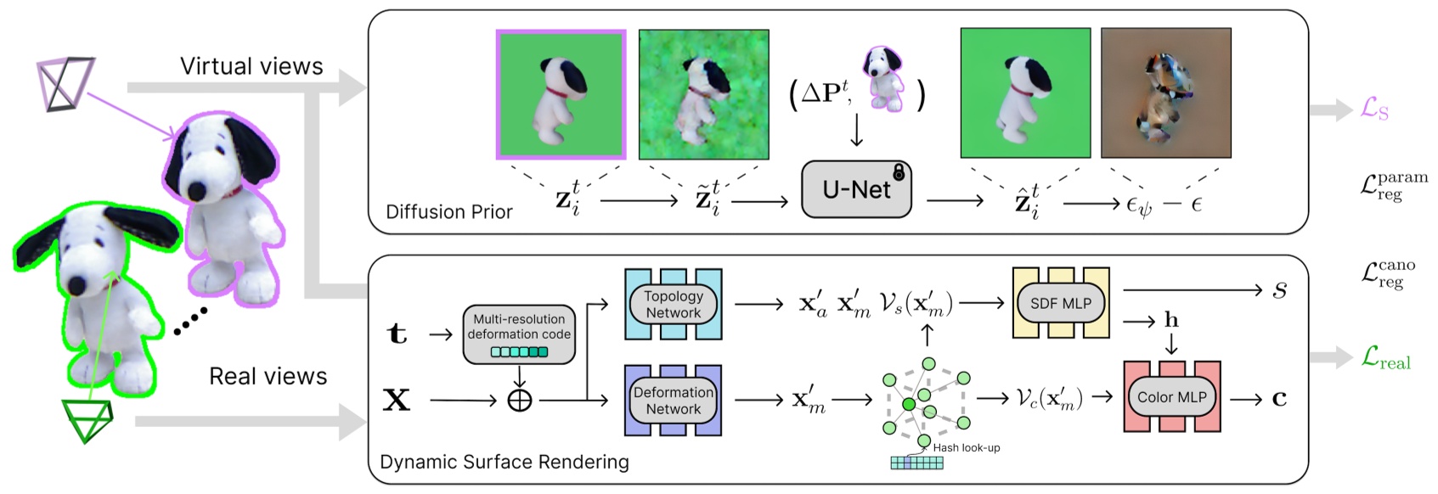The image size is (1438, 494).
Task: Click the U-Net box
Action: pos(855,189)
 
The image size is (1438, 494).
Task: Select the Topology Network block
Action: pos(673,304)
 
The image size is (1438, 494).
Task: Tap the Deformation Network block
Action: pos(673,401)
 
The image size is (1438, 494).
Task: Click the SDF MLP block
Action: pos(1060,303)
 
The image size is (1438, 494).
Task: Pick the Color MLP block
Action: pos(1171,396)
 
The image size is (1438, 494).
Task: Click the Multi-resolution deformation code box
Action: pos(518,334)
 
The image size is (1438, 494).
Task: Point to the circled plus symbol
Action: pos(519,400)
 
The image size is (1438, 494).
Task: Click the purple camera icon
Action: pos(65,85)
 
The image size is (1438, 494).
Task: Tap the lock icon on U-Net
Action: pos(898,171)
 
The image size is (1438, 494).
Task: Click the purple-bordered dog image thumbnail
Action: pos(561,94)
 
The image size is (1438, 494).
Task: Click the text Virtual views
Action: pos(251,66)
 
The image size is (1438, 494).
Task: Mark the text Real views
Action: pos(268,376)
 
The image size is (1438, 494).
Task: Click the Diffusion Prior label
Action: pos(448,211)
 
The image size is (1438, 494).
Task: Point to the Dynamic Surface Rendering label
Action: pos(505,462)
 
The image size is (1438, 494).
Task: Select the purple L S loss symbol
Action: pos(1373,109)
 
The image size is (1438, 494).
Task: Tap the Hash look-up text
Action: pos(966,447)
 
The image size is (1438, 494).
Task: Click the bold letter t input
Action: pos(397,334)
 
